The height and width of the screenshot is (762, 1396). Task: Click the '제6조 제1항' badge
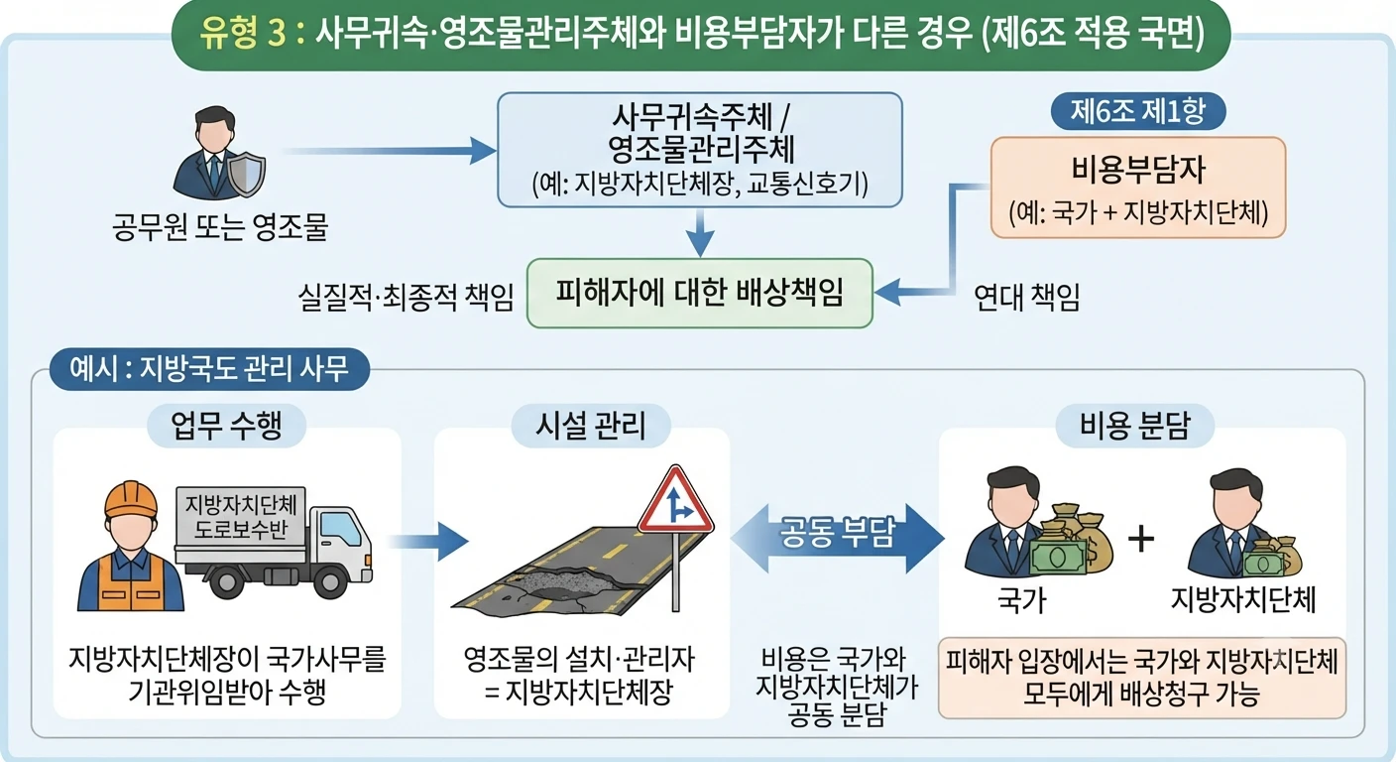click(x=1138, y=111)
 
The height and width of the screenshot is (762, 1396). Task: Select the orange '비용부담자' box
click(x=1138, y=188)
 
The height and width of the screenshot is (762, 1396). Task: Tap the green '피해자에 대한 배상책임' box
click(x=699, y=293)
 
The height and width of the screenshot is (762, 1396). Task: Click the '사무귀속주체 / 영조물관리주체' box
click(x=700, y=150)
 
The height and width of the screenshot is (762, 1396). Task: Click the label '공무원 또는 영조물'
click(x=219, y=226)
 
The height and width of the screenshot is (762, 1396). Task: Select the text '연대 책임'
click(x=1026, y=297)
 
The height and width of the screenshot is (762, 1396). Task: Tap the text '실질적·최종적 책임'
click(x=406, y=297)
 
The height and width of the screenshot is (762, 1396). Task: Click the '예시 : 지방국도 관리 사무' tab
click(x=209, y=368)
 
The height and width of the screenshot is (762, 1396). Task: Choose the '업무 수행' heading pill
click(x=226, y=426)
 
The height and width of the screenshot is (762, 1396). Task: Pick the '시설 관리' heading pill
click(x=591, y=426)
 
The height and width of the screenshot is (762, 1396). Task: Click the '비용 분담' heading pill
click(x=1135, y=426)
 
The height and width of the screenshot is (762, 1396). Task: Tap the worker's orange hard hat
click(x=131, y=499)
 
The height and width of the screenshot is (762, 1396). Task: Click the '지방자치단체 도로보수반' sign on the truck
click(x=241, y=517)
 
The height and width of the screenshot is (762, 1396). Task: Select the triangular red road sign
click(x=675, y=501)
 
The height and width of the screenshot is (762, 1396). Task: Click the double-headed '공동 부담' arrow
click(x=837, y=538)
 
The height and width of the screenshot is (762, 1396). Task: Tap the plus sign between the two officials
click(x=1141, y=538)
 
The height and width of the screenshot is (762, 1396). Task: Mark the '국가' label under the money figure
click(x=1022, y=601)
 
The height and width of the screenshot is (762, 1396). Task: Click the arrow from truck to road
click(x=428, y=541)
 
